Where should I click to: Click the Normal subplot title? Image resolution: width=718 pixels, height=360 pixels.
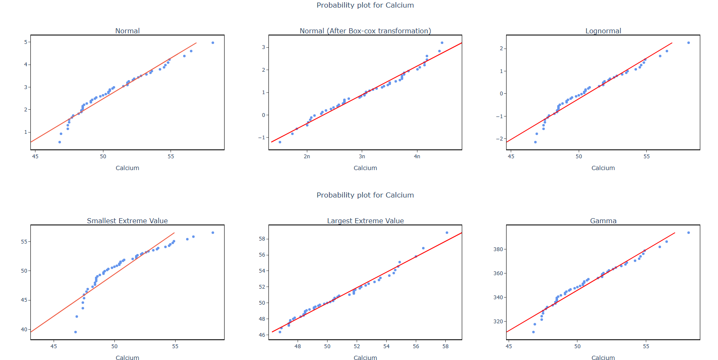click(x=127, y=31)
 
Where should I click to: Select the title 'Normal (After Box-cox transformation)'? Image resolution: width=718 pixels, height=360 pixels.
click(x=365, y=31)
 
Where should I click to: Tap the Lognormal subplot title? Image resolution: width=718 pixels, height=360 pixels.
click(x=603, y=31)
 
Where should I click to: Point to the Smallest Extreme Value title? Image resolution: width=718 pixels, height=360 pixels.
click(x=127, y=221)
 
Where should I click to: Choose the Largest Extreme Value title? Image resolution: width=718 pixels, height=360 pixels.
click(x=365, y=221)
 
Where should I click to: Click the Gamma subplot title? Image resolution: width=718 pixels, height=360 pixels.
click(x=603, y=221)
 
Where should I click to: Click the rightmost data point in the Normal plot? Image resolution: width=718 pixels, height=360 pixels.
click(x=213, y=43)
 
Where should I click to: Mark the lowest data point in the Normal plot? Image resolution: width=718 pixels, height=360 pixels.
click(x=60, y=142)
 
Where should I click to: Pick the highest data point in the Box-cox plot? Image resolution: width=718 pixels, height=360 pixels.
click(x=442, y=43)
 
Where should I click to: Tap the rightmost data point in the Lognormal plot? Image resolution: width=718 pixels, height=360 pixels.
click(x=688, y=43)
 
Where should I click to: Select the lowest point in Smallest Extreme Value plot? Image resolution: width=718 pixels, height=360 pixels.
click(x=76, y=332)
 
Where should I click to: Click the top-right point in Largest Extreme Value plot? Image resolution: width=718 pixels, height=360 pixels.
click(x=447, y=233)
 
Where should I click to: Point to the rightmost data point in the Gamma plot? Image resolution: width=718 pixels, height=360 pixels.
click(x=688, y=233)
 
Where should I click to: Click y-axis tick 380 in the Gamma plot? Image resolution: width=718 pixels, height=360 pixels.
click(x=498, y=249)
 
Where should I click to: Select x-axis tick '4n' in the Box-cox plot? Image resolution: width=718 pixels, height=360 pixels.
click(x=417, y=157)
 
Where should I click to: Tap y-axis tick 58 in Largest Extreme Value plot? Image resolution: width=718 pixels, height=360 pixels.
click(x=262, y=239)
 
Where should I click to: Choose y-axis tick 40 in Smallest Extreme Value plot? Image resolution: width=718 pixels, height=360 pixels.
click(x=24, y=330)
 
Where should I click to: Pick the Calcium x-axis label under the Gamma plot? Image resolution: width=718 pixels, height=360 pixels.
click(x=603, y=358)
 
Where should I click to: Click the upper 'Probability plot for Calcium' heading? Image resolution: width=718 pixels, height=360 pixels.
click(x=365, y=5)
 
